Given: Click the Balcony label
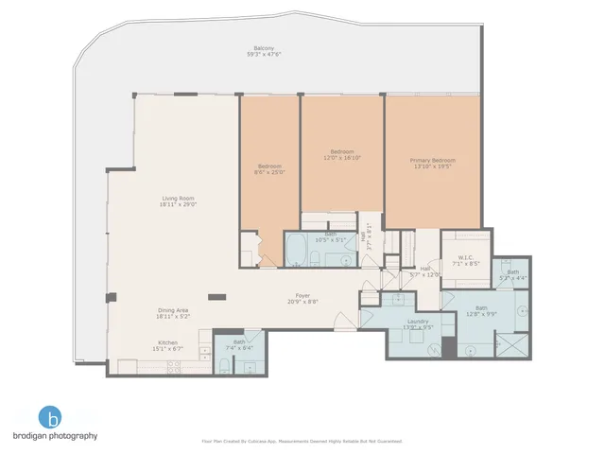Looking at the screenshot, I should (263, 48).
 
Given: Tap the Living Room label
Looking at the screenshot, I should (177, 198).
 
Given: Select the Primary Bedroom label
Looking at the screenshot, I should (432, 161).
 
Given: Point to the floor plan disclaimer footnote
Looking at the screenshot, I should (302, 441).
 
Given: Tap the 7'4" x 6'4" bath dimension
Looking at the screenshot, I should (239, 348).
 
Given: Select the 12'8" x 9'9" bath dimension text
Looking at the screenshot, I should (482, 313).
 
